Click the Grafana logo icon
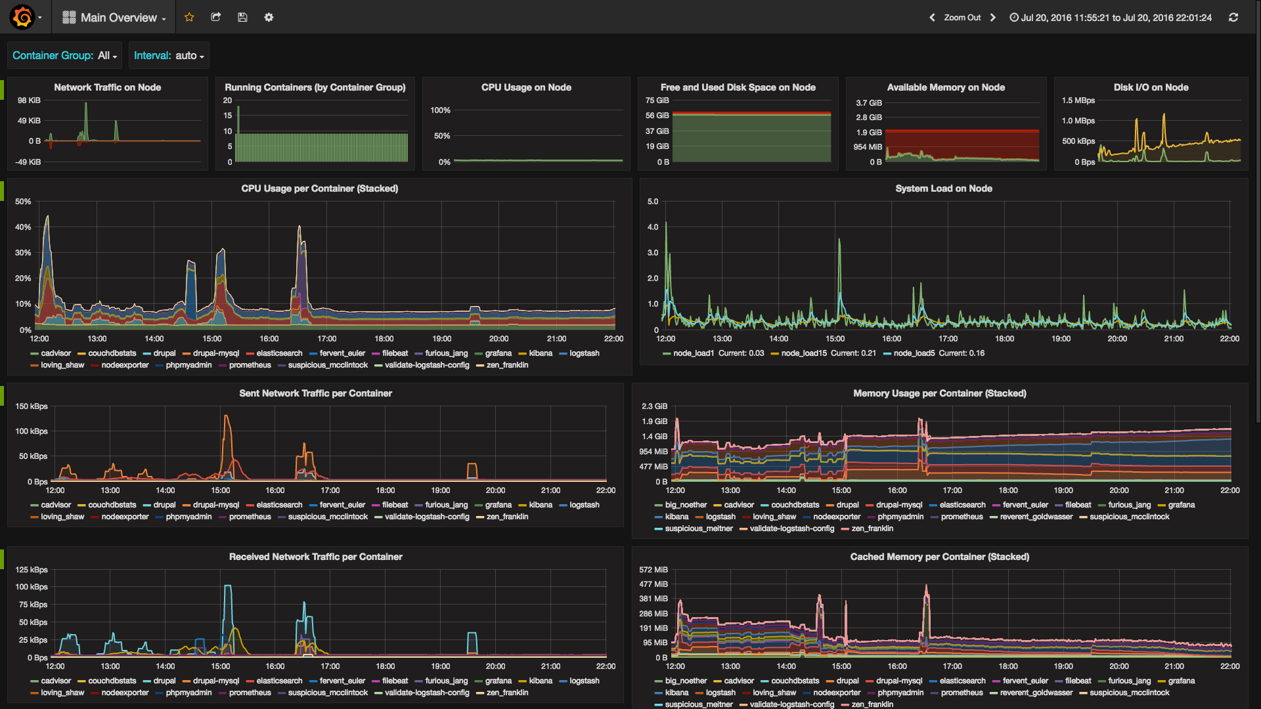click(22, 17)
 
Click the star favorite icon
click(189, 17)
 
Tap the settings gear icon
click(269, 17)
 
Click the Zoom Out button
click(962, 18)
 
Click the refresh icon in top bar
click(1233, 18)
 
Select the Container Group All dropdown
click(64, 56)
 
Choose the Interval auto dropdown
click(169, 56)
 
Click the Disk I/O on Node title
click(1151, 87)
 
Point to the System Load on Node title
click(944, 188)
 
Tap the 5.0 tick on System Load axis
click(653, 202)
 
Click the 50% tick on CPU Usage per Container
click(23, 202)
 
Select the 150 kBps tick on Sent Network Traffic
click(32, 406)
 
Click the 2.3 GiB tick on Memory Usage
click(655, 406)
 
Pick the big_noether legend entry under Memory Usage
click(681, 505)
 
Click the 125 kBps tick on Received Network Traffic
click(32, 570)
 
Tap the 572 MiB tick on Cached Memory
click(653, 570)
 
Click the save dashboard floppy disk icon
click(242, 17)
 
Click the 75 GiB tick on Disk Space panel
click(657, 100)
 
